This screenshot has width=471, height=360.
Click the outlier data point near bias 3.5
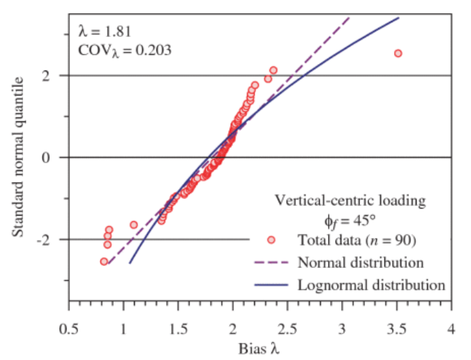398,53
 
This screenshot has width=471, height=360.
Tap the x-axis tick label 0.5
68,327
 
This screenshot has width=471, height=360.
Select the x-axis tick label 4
452,327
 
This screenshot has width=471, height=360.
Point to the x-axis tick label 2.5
287,327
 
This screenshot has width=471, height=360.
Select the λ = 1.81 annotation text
104,31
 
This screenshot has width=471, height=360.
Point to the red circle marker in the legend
271,241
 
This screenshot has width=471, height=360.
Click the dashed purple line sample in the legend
271,263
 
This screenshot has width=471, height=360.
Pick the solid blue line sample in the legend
271,285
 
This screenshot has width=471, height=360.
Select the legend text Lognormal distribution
371,285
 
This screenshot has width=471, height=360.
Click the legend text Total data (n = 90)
357,241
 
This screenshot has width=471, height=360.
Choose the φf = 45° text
347,220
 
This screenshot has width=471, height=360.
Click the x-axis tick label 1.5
178,327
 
